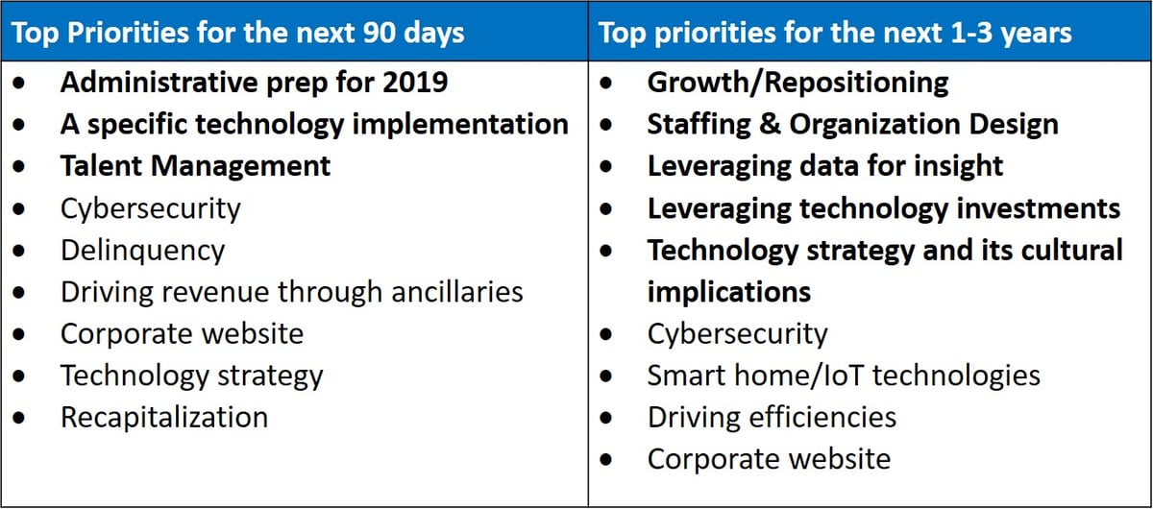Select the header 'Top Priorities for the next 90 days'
coord(238,33)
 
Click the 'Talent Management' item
coord(195,165)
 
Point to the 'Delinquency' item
coord(142,251)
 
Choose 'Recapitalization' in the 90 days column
coord(164,418)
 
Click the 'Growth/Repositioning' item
coord(797,83)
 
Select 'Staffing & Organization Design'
coord(852,124)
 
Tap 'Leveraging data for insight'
coord(824,166)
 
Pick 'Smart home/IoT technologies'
coord(844,376)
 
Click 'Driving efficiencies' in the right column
coord(772,418)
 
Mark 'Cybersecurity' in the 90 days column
coord(150,208)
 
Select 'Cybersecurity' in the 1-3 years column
coord(737,334)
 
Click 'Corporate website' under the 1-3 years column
coord(769,459)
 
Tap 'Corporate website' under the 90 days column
coord(182,333)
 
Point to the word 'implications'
coord(728,292)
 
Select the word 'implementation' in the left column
coord(460,124)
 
